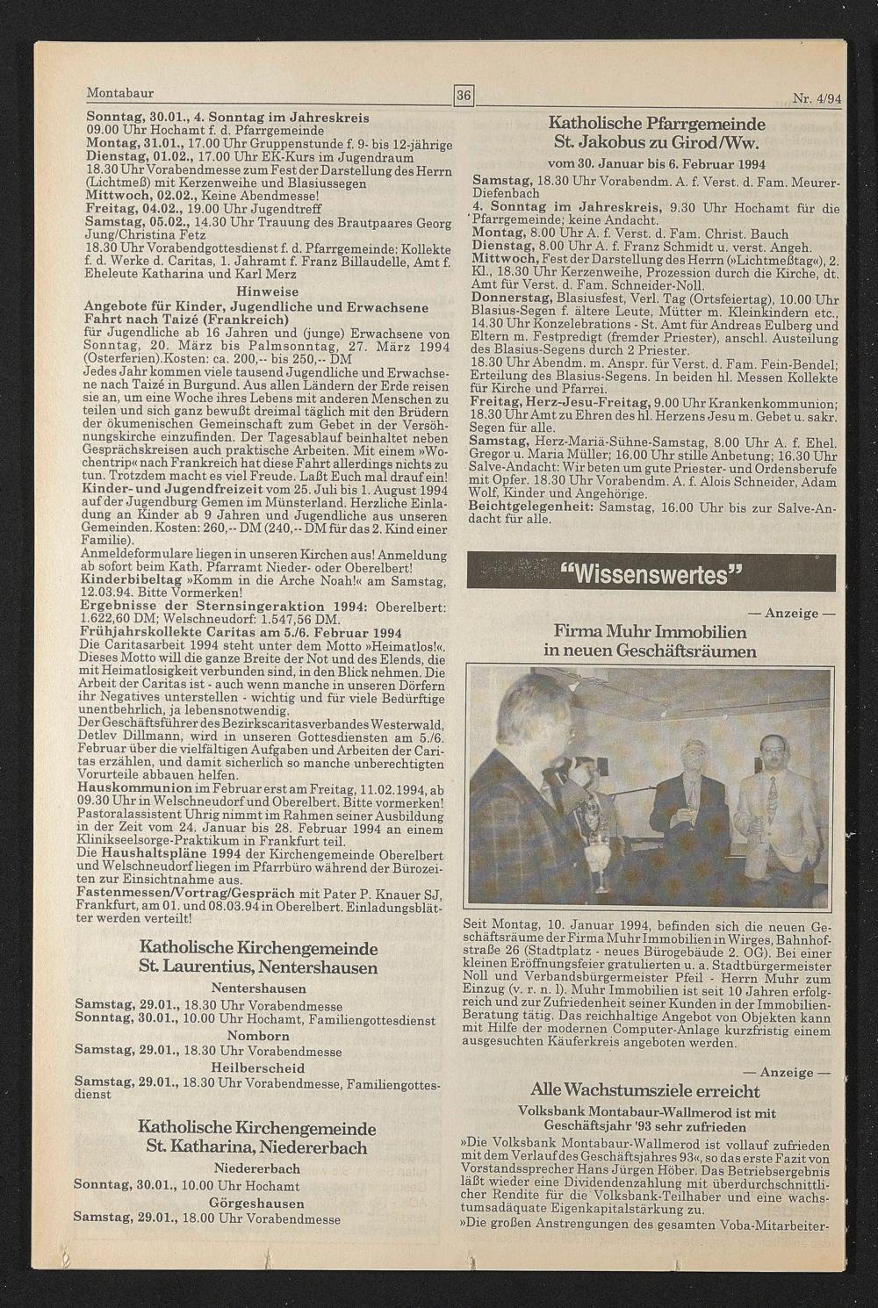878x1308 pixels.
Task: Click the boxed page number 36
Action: [x=464, y=95]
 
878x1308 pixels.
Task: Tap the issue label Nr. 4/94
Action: [x=817, y=99]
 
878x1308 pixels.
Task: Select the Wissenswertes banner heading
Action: [x=651, y=575]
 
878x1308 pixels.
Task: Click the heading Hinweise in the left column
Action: [x=268, y=291]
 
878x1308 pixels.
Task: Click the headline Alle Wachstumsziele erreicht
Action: [x=645, y=1091]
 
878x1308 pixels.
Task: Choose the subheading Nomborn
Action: [x=258, y=1035]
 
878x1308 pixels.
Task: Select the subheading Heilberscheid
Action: [x=258, y=1067]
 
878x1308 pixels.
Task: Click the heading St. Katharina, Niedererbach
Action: [x=258, y=1147]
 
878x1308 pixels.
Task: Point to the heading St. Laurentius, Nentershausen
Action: [x=258, y=967]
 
